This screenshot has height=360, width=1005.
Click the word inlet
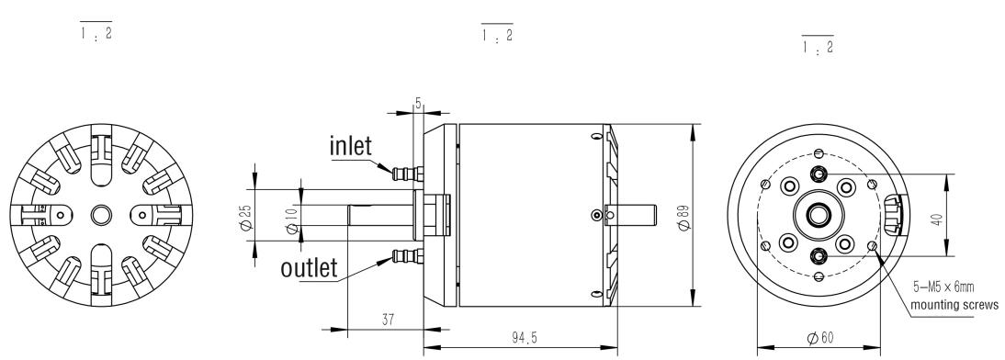tap(351, 146)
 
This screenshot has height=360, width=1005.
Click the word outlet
tap(309, 268)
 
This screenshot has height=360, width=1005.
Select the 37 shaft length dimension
tap(387, 319)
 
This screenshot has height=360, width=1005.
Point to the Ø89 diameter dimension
tap(683, 217)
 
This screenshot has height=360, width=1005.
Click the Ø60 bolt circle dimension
tap(821, 338)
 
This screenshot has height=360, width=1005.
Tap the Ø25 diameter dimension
tap(244, 219)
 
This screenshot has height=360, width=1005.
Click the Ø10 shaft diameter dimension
tap(291, 220)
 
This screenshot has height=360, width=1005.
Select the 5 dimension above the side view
tap(418, 104)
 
